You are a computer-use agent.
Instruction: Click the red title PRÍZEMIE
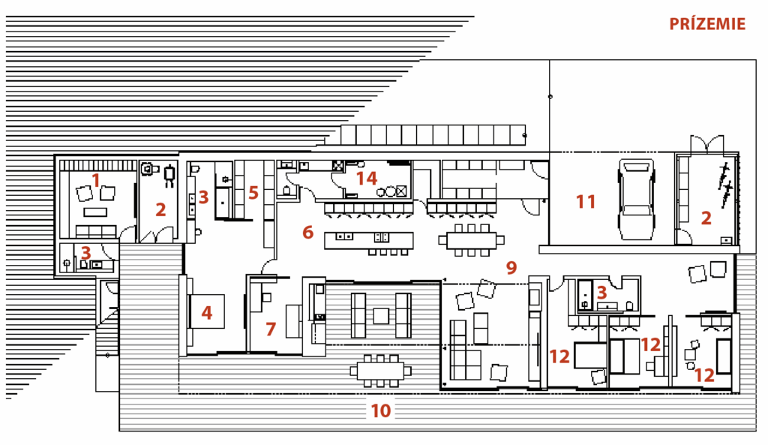coord(707,24)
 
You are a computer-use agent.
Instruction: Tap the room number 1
coord(96,180)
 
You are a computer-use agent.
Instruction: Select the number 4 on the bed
coord(207,313)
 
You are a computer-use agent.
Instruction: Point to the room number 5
coord(253,193)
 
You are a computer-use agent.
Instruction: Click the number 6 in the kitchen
coord(307,232)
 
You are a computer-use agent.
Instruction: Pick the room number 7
coord(271,329)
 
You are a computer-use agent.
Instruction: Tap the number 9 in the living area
coord(511,268)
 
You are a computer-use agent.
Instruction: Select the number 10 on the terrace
coord(381,410)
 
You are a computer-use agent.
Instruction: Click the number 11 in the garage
coord(586,201)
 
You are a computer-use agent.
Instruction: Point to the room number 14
coord(366,179)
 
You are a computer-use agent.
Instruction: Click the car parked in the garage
coord(636,199)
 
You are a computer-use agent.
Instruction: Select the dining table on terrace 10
coord(380,371)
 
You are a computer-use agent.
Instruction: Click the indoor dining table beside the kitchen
coord(471,240)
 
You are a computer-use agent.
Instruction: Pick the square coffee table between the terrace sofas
coord(381,316)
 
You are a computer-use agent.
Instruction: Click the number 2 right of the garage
coord(706,218)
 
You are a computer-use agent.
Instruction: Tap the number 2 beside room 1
coord(160,210)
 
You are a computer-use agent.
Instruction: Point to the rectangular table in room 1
coord(95,212)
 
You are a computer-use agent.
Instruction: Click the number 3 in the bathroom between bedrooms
coord(601,293)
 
